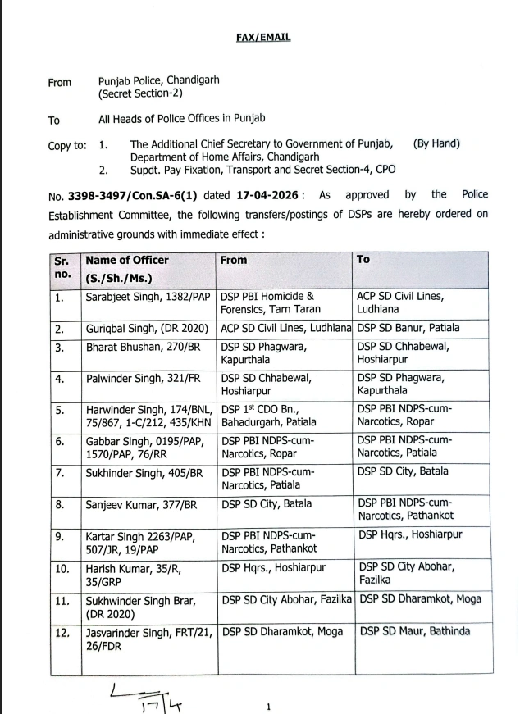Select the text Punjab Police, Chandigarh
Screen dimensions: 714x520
158,82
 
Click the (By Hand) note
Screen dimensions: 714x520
437,144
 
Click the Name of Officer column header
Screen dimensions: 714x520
127,261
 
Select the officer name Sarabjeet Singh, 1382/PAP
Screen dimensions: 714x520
146,296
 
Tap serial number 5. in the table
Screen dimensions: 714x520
60,410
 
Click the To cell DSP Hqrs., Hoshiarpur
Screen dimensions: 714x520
410,535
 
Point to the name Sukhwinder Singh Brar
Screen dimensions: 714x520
141,600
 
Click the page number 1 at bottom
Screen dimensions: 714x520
268,705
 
